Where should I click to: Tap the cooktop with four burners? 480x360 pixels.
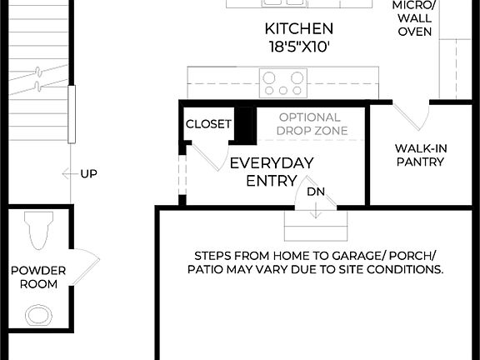tap(282, 82)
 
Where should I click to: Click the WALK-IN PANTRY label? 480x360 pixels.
tap(420, 155)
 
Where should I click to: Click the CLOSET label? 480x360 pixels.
tap(208, 124)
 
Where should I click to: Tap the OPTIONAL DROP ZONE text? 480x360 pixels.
tap(309, 124)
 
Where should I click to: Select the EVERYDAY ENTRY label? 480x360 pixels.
tap(271, 171)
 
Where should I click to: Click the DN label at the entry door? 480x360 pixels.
tap(316, 192)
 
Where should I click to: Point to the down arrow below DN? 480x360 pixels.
tap(316, 212)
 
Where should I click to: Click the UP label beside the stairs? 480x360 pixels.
tap(88, 174)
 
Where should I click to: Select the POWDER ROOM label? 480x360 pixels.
tap(34, 277)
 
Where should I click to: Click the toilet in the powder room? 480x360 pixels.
tap(37, 231)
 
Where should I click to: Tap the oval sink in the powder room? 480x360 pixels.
tap(37, 315)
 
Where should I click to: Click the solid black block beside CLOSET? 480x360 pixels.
tap(244, 125)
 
